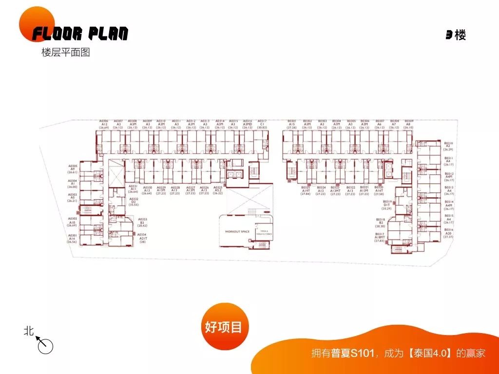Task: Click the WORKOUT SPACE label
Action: coord(237,232)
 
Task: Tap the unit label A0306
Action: coord(104,121)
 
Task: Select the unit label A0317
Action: coord(262,121)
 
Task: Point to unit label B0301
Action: coord(292,121)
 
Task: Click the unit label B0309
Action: coord(408,121)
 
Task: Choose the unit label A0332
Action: coord(134,199)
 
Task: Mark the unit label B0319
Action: coord(387,202)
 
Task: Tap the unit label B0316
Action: coord(449,230)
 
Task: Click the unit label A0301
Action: coord(73,235)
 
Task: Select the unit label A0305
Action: coord(73,166)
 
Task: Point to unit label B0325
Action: coord(306,187)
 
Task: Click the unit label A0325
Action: coord(217,187)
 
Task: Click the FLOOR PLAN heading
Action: coord(80,34)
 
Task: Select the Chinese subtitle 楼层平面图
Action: coord(66,53)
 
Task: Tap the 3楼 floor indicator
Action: coord(456,35)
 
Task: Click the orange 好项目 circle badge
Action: coord(223,327)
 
